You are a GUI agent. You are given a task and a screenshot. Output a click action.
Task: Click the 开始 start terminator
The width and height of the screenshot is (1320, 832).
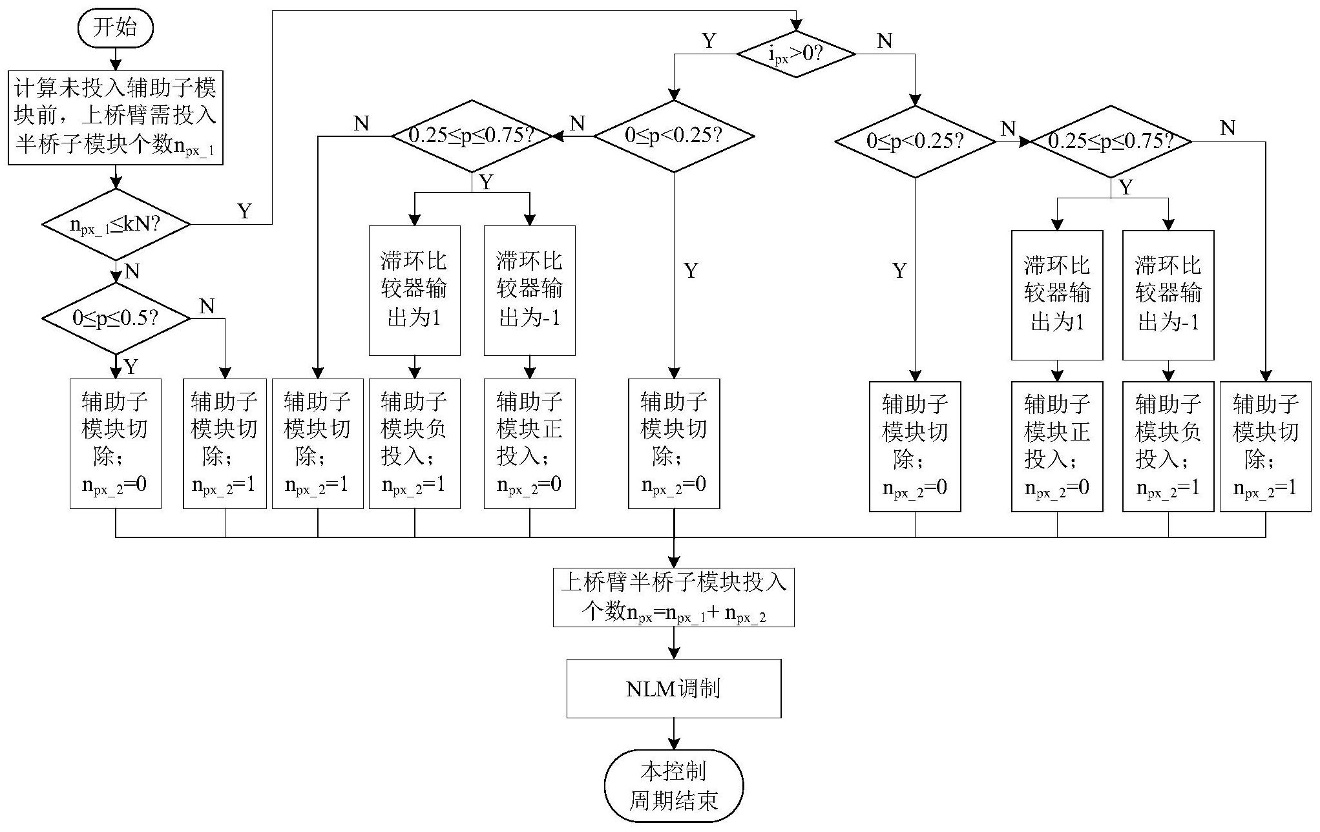tap(116, 28)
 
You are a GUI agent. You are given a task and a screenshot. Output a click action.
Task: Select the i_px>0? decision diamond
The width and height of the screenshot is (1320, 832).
tap(796, 54)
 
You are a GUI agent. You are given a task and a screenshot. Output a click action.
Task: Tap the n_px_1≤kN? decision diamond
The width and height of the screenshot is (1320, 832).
tap(116, 225)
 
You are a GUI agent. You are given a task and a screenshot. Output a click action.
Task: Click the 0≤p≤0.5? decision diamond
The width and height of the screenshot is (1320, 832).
tap(116, 318)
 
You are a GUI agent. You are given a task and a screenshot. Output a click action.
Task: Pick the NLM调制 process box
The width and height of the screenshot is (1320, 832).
tap(674, 689)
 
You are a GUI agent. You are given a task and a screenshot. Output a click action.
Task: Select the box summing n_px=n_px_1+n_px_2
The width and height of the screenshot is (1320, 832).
tap(674, 598)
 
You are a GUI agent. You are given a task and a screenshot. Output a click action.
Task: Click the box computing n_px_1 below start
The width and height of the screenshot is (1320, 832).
tap(116, 118)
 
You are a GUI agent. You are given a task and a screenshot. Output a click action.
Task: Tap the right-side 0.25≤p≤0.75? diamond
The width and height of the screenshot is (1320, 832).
tap(1111, 141)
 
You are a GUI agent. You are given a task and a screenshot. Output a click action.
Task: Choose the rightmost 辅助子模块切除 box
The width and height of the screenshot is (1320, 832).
tap(1265, 446)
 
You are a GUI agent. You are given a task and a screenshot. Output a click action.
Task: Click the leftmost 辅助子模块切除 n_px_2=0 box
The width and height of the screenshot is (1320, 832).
tap(116, 444)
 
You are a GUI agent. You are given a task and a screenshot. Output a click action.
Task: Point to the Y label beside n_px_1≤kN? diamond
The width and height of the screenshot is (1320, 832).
tap(244, 211)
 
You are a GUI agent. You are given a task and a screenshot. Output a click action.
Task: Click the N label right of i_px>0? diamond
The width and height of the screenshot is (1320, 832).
tap(885, 41)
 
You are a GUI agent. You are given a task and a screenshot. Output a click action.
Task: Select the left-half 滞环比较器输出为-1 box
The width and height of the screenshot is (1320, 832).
tap(530, 290)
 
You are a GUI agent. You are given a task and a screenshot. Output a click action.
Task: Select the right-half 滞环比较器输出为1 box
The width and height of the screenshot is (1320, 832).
tap(1057, 295)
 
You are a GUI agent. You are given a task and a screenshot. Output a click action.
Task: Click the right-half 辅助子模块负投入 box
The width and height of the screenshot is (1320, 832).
tap(1168, 446)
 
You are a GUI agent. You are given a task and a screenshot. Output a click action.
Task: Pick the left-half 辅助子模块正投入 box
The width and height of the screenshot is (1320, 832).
tap(530, 444)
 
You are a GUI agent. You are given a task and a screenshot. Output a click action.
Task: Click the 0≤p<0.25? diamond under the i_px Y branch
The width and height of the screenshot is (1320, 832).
tap(674, 136)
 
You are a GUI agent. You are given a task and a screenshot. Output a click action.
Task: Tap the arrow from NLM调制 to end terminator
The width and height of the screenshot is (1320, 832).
tap(674, 734)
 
